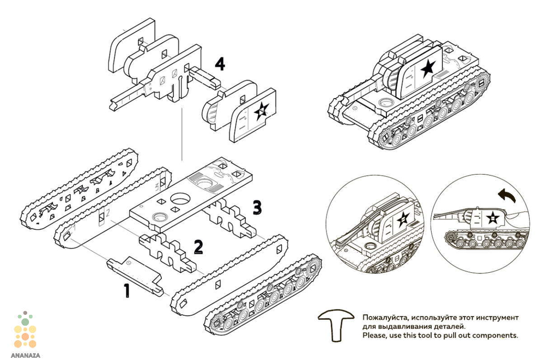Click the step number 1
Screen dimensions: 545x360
(x=127, y=291)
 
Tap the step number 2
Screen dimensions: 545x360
(x=198, y=247)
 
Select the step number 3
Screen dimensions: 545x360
(x=257, y=208)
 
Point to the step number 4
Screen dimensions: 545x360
(x=220, y=64)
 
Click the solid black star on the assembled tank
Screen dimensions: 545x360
(x=428, y=68)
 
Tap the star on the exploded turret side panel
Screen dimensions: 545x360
(x=262, y=111)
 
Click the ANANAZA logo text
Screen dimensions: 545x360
(x=26, y=356)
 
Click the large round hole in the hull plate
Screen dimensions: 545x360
(x=180, y=199)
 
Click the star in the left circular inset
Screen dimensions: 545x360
(x=403, y=219)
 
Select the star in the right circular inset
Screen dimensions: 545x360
(x=493, y=218)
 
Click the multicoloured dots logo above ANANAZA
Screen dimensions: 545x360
(x=25, y=330)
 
